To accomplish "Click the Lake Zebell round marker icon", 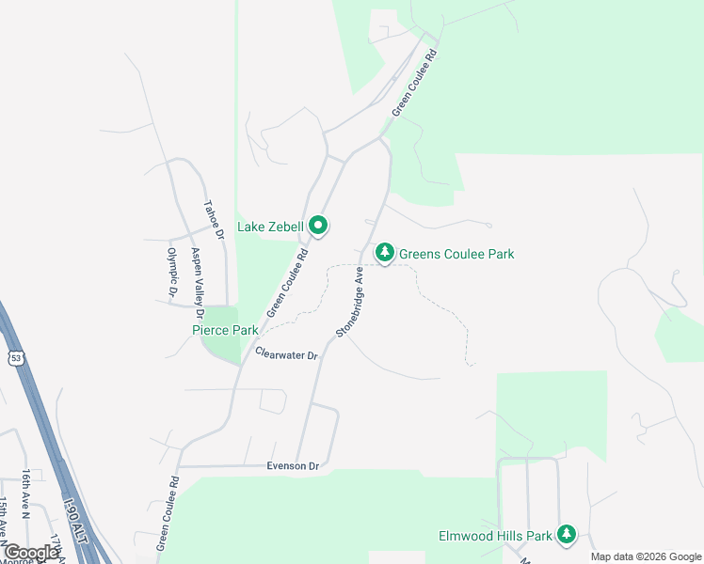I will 318,226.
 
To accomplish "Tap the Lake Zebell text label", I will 270,227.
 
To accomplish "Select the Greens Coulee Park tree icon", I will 384,253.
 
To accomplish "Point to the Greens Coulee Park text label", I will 456,254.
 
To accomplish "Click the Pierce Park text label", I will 225,330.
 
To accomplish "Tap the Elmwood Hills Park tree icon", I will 566,535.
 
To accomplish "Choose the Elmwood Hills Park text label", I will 495,536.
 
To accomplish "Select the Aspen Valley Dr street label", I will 197,275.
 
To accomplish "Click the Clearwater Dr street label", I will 287,354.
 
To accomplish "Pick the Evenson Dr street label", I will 293,466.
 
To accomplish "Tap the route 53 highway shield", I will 16,357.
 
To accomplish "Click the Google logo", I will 31,553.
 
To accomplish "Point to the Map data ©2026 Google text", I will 646,556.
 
